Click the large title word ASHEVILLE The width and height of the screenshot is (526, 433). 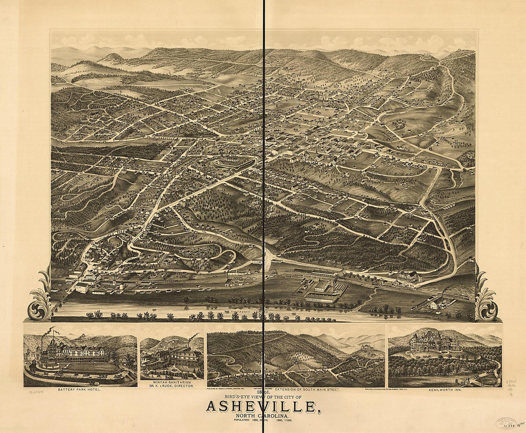(x=261, y=406)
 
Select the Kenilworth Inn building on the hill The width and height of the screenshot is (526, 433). (x=435, y=342)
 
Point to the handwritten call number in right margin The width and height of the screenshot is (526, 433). (x=511, y=382)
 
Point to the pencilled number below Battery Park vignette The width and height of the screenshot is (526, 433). (x=34, y=390)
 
